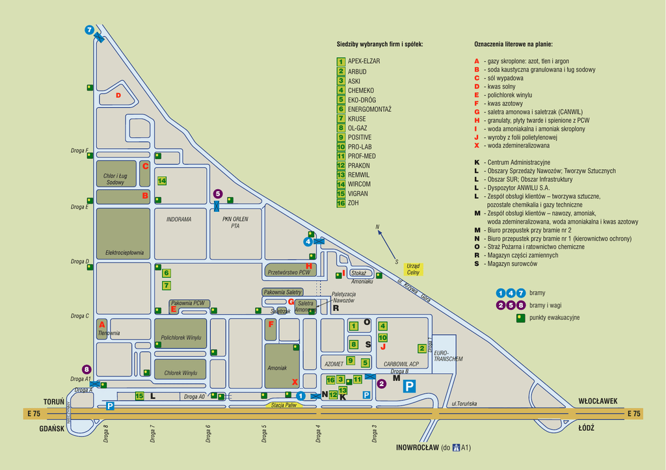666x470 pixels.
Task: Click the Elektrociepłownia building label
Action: (123, 253)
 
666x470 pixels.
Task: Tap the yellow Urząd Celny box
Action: (412, 268)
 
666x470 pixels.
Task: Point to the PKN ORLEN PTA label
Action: (235, 222)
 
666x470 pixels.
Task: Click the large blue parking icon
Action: (409, 386)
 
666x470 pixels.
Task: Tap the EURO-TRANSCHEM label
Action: (448, 356)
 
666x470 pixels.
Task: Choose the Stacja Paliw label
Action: (284, 406)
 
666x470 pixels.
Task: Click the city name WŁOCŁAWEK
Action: (596, 401)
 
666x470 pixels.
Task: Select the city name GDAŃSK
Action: (51, 428)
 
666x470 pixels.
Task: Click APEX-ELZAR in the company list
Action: (364, 61)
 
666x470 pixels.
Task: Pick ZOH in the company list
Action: (354, 203)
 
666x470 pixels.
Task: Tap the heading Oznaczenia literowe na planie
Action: (513, 44)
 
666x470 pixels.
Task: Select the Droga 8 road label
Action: (105, 434)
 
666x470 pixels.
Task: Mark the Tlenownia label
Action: (109, 333)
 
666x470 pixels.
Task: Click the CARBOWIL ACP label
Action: (401, 364)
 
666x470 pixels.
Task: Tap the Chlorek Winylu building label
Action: (180, 372)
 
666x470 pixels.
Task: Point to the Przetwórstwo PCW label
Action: (289, 273)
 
